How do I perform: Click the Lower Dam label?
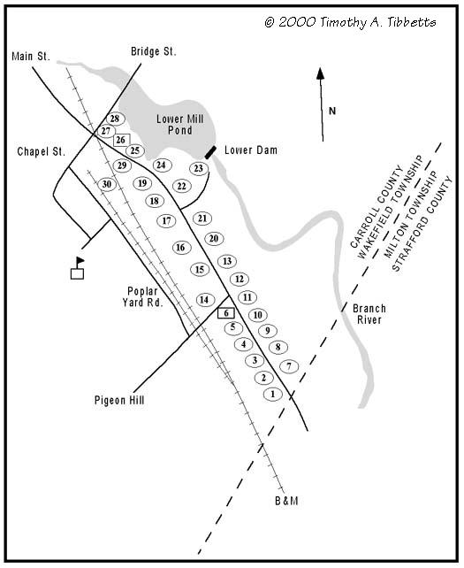(x=251, y=150)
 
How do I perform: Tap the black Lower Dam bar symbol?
(x=210, y=152)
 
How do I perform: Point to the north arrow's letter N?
(x=332, y=111)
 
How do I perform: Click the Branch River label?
(x=369, y=314)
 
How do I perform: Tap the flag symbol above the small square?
(x=80, y=261)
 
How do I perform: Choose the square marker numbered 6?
(x=225, y=312)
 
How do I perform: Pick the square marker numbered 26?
(x=121, y=140)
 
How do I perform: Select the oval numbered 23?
(x=199, y=169)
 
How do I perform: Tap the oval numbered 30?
(x=107, y=184)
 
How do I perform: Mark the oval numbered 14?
(x=204, y=300)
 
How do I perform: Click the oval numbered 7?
(x=288, y=366)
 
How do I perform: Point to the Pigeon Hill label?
(x=118, y=401)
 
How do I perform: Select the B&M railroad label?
(x=286, y=502)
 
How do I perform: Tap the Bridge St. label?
(x=153, y=52)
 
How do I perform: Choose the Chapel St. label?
(x=42, y=152)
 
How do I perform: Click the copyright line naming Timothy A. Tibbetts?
(x=349, y=22)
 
